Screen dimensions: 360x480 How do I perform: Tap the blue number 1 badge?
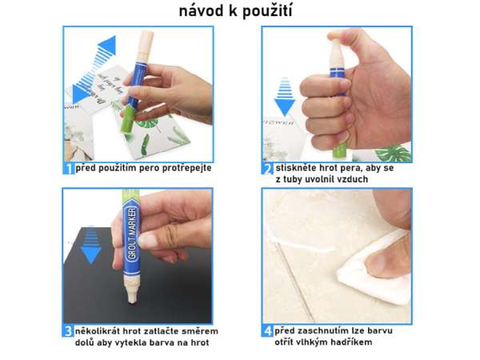(x=69, y=169)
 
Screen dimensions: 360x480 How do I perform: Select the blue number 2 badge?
(x=268, y=169)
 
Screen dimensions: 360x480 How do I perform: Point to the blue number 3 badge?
(x=69, y=331)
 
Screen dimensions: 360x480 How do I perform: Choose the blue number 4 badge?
(x=268, y=331)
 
